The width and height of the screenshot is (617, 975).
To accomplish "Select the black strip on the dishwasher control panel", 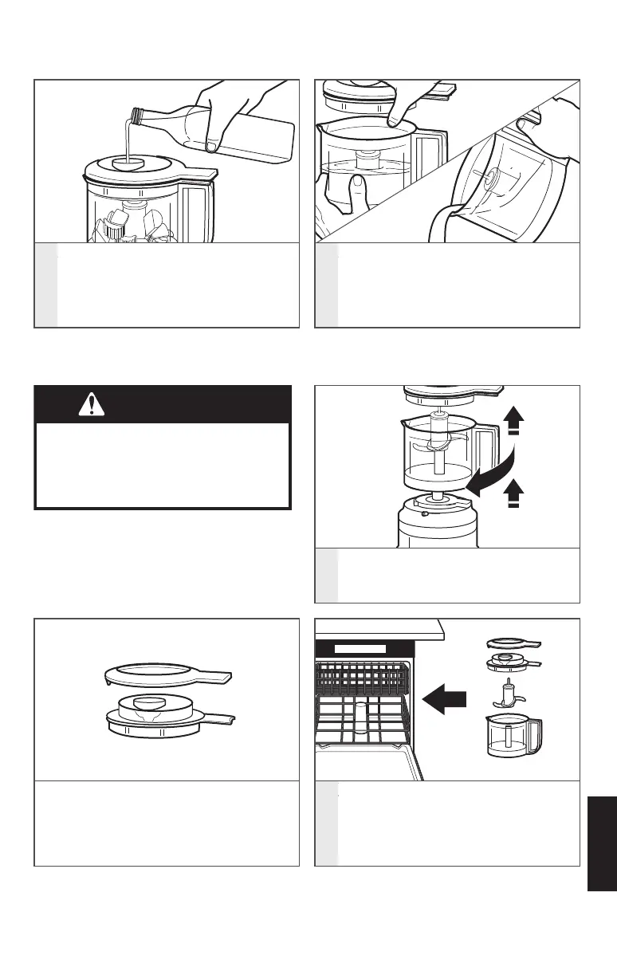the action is pyautogui.click(x=360, y=650).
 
